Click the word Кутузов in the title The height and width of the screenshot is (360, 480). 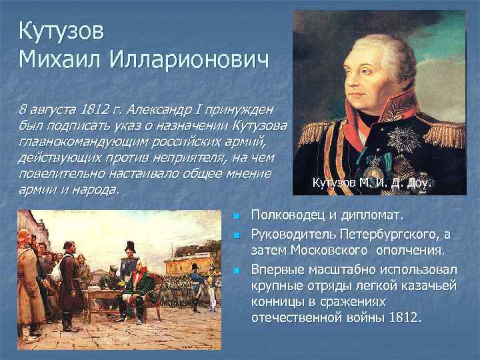[x=61, y=31]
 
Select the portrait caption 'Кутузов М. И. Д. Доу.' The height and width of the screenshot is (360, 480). [x=372, y=182]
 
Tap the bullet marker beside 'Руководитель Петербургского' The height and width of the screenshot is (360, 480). [x=236, y=234]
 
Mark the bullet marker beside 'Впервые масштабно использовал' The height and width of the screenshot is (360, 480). [x=236, y=269]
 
